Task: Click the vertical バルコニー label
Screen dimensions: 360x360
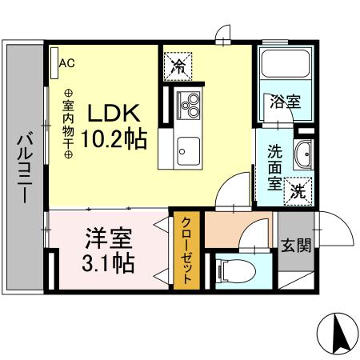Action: [24, 167]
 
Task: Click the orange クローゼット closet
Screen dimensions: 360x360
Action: [185, 251]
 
